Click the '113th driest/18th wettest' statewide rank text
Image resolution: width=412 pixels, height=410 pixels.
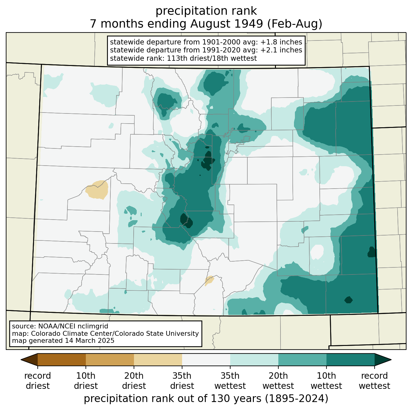point(212,58)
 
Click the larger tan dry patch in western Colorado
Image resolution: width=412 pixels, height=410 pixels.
point(97,190)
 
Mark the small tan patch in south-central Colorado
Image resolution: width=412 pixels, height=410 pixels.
point(209,280)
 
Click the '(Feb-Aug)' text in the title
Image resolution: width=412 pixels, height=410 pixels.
point(295,24)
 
